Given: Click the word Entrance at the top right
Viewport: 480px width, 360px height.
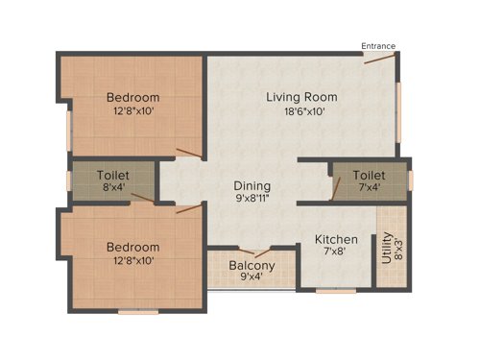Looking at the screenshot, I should click(377, 46).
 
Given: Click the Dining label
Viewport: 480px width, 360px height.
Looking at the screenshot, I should click(252, 186).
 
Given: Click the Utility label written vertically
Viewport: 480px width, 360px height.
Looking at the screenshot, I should click(387, 248).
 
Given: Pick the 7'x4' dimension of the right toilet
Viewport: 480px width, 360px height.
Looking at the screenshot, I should click(369, 189).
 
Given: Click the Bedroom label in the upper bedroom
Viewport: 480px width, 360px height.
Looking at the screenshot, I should click(132, 97).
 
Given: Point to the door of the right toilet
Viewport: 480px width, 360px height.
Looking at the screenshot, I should click(335, 187).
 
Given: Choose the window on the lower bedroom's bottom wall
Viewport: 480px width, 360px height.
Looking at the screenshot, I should click(137, 311).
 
